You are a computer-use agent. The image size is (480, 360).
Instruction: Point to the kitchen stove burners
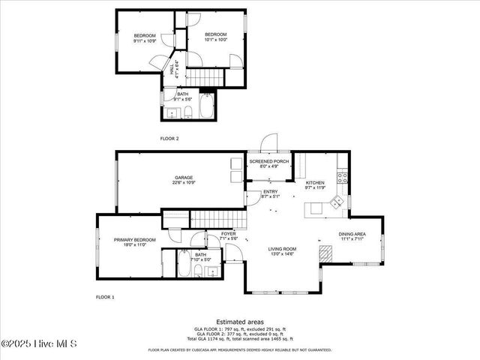coord(342,178)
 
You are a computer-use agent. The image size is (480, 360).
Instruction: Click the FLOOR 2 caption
coord(169,139)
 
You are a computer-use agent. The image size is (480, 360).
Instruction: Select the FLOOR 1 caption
coord(105,298)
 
